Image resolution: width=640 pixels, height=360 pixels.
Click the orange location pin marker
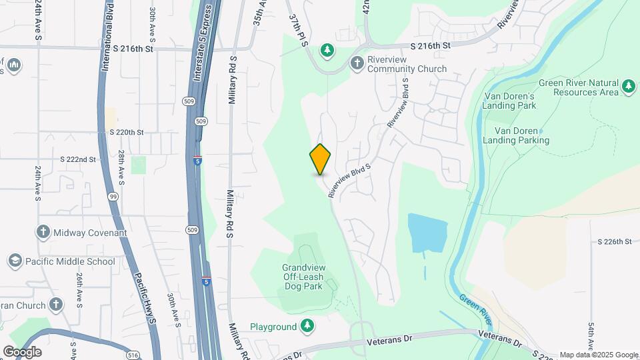(321, 159)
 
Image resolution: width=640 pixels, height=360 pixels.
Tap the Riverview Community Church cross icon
(357, 64)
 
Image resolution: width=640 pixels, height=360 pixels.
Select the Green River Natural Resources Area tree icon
(628, 87)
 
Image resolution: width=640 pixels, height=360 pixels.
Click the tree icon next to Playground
(307, 326)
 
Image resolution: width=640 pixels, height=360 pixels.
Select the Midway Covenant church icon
(43, 232)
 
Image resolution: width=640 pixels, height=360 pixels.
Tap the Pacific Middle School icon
(14, 261)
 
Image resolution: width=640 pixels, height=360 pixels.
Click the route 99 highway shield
(113, 197)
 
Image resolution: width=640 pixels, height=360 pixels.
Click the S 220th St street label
(127, 132)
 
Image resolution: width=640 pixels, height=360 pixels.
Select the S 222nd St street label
(78, 160)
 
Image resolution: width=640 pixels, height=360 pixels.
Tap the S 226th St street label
(614, 241)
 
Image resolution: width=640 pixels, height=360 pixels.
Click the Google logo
(22, 351)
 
